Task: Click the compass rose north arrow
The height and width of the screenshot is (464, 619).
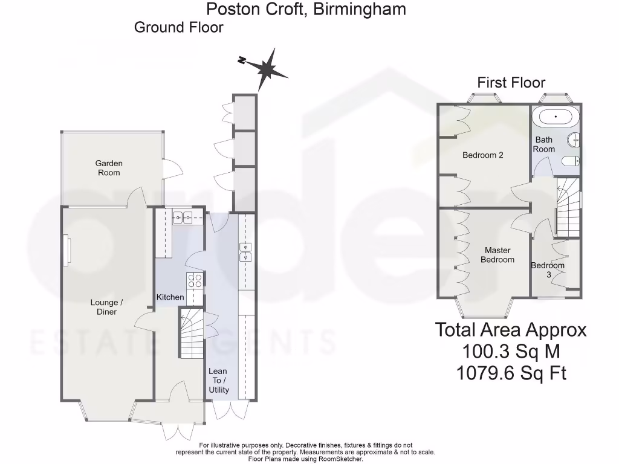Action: pos(265,68)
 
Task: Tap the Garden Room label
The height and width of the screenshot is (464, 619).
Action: pos(109,168)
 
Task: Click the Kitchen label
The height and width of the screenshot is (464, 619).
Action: pos(170,297)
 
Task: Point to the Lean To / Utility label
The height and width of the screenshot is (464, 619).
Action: pos(218,381)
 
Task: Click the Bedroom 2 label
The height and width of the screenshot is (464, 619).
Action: pos(483,155)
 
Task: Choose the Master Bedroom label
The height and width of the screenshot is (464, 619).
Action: pos(497,255)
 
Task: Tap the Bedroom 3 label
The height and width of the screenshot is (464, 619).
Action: pos(548,270)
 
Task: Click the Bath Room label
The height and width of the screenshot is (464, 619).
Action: pos(543,144)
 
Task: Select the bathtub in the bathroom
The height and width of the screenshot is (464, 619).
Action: pos(558,117)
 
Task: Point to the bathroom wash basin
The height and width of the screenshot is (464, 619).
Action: pos(576,141)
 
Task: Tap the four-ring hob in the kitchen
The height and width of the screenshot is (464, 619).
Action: pos(195,280)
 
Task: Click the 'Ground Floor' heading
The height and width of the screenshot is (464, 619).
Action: pos(178,27)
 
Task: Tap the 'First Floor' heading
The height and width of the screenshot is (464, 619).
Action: pos(511,83)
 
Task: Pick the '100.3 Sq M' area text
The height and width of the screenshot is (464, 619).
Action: pos(511,351)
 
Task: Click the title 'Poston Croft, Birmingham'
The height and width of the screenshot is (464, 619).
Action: pos(306,9)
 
